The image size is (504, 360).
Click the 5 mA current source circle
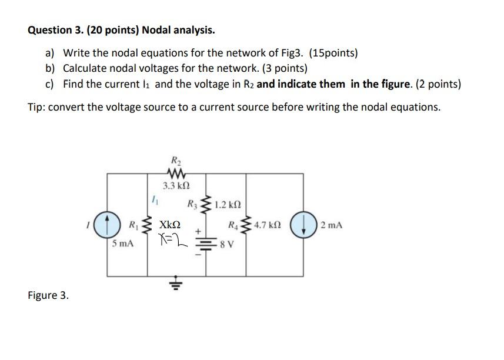click(107, 224)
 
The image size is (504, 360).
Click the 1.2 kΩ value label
click(228, 206)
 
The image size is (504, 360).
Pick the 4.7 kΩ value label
click(268, 225)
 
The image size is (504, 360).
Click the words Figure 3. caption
click(48, 295)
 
